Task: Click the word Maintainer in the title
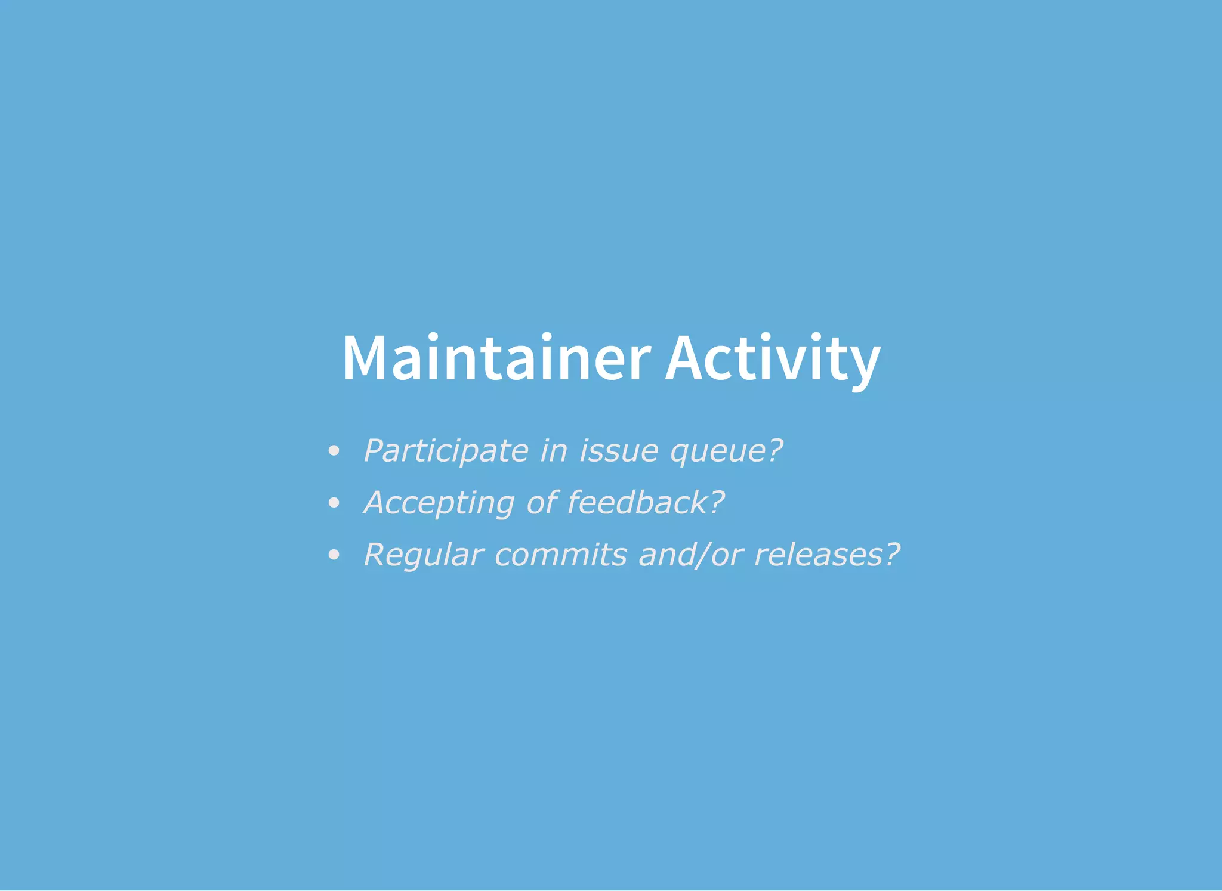click(x=496, y=358)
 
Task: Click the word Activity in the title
click(x=773, y=358)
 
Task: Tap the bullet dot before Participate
click(x=334, y=451)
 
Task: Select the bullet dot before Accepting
click(x=334, y=503)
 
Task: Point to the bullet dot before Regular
click(x=334, y=555)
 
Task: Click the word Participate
click(x=446, y=451)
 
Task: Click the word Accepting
click(x=439, y=503)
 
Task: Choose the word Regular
click(x=423, y=555)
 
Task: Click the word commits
click(x=561, y=555)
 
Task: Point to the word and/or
click(x=690, y=555)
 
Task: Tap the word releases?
click(x=827, y=555)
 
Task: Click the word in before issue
click(x=553, y=451)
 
